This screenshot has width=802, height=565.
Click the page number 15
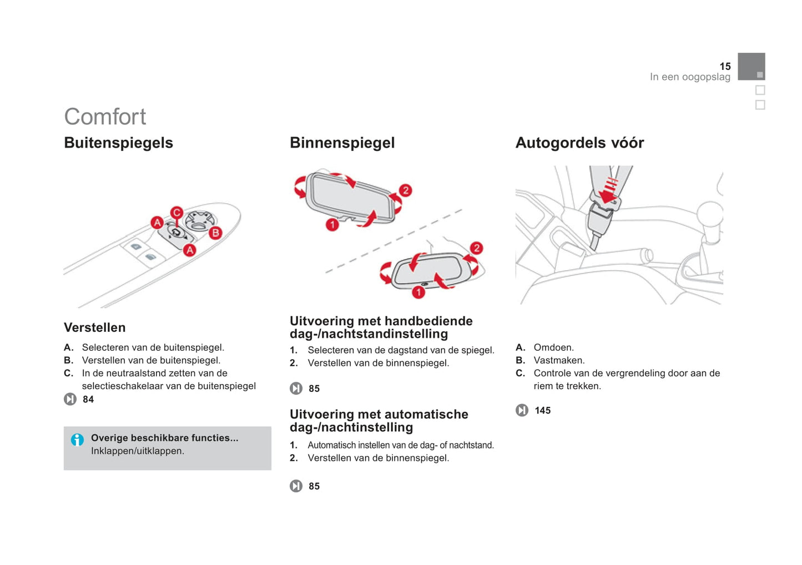point(725,66)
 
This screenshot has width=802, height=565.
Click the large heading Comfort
point(105,117)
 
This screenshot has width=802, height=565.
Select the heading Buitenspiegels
point(119,143)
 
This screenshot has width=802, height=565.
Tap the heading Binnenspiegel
point(342,143)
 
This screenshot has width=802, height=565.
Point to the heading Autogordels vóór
point(579,143)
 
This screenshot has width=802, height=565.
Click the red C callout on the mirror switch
point(176,213)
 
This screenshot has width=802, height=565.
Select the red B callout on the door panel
point(215,233)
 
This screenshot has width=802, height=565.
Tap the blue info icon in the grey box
point(77,440)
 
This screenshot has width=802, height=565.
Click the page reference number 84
point(88,399)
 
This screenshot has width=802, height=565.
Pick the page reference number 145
point(543,410)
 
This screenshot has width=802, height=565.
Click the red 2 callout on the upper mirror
point(406,190)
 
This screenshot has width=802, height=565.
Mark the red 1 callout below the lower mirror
point(418,292)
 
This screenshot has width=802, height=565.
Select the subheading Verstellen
point(95,327)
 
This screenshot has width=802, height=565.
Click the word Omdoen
point(553,347)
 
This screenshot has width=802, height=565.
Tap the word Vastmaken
point(559,360)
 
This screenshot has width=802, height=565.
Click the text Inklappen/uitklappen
point(138,451)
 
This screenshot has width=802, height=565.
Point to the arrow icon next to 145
point(522,410)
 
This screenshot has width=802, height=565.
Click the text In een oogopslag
point(690,77)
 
